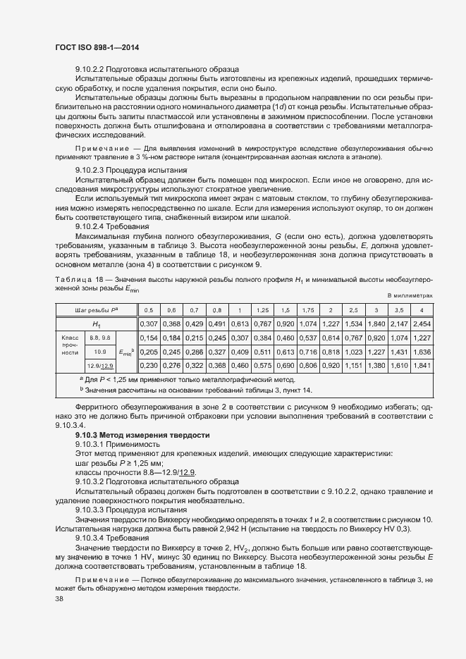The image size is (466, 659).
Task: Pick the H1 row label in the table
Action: (x=97, y=324)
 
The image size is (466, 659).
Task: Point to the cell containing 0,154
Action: (x=149, y=338)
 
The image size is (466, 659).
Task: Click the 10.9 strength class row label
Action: (x=99, y=351)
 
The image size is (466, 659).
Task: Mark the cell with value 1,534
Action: (x=354, y=324)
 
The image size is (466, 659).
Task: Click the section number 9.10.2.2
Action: (x=95, y=69)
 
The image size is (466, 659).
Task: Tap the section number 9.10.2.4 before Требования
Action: (x=95, y=227)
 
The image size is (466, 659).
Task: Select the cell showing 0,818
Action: (x=331, y=351)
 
